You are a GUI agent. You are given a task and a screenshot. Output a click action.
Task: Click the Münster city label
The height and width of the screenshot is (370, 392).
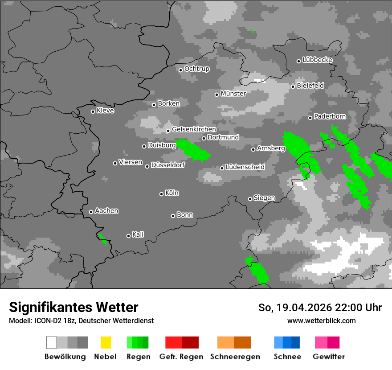tap(233, 94)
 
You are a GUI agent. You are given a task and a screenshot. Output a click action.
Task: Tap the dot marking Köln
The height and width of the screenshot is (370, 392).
tap(161, 194)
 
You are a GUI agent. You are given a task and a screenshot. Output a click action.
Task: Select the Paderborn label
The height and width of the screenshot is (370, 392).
tap(330, 117)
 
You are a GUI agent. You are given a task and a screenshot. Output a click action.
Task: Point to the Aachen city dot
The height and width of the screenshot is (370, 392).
tap(91, 212)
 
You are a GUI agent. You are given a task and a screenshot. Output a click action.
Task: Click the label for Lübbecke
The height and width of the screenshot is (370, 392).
tap(317, 60)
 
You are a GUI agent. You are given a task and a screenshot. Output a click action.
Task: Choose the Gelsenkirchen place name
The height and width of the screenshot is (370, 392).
tap(194, 129)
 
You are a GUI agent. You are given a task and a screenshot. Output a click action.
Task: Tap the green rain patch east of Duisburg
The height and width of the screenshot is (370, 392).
tap(193, 150)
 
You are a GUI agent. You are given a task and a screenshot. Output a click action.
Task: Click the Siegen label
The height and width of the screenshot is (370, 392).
tap(264, 198)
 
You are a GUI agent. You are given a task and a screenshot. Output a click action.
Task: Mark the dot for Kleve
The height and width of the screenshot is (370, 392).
tap(93, 111)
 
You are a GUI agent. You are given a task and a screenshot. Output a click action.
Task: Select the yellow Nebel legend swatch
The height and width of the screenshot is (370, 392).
tap(106, 342)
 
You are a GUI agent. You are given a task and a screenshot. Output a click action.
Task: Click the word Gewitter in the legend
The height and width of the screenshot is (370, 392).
tap(329, 357)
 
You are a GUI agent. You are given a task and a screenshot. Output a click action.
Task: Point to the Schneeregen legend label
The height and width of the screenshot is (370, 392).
tap(234, 357)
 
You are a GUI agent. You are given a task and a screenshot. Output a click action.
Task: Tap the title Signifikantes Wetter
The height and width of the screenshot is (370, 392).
tap(73, 307)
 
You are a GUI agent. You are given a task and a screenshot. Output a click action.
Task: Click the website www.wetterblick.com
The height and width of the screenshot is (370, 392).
tap(321, 321)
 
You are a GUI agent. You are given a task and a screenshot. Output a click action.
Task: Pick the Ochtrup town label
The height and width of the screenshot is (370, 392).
tap(196, 69)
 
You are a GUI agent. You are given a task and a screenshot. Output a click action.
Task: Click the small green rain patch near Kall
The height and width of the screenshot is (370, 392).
tap(103, 239)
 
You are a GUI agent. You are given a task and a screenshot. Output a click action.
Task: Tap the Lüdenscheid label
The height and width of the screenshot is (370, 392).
tap(245, 167)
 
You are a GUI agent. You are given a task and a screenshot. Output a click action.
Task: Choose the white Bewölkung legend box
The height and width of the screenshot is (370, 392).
tap(51, 342)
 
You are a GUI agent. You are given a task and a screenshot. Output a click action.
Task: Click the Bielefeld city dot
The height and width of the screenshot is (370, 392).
tap(293, 86)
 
